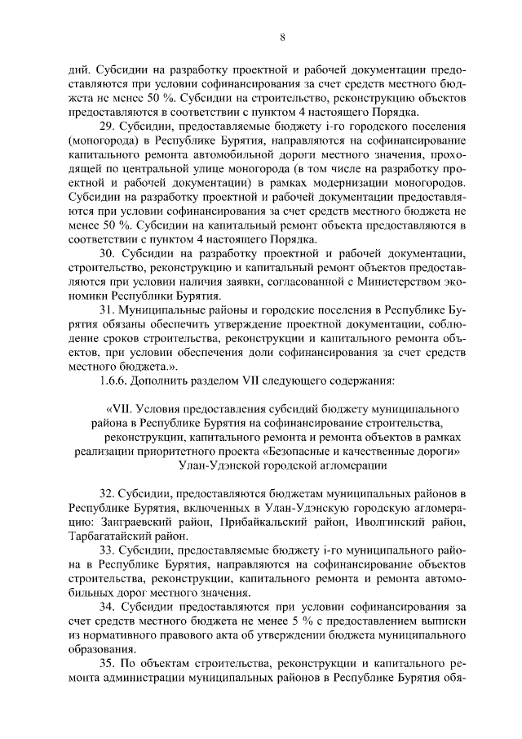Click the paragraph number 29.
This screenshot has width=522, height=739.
pos(106,127)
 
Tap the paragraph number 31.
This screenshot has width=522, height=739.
pos(106,311)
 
